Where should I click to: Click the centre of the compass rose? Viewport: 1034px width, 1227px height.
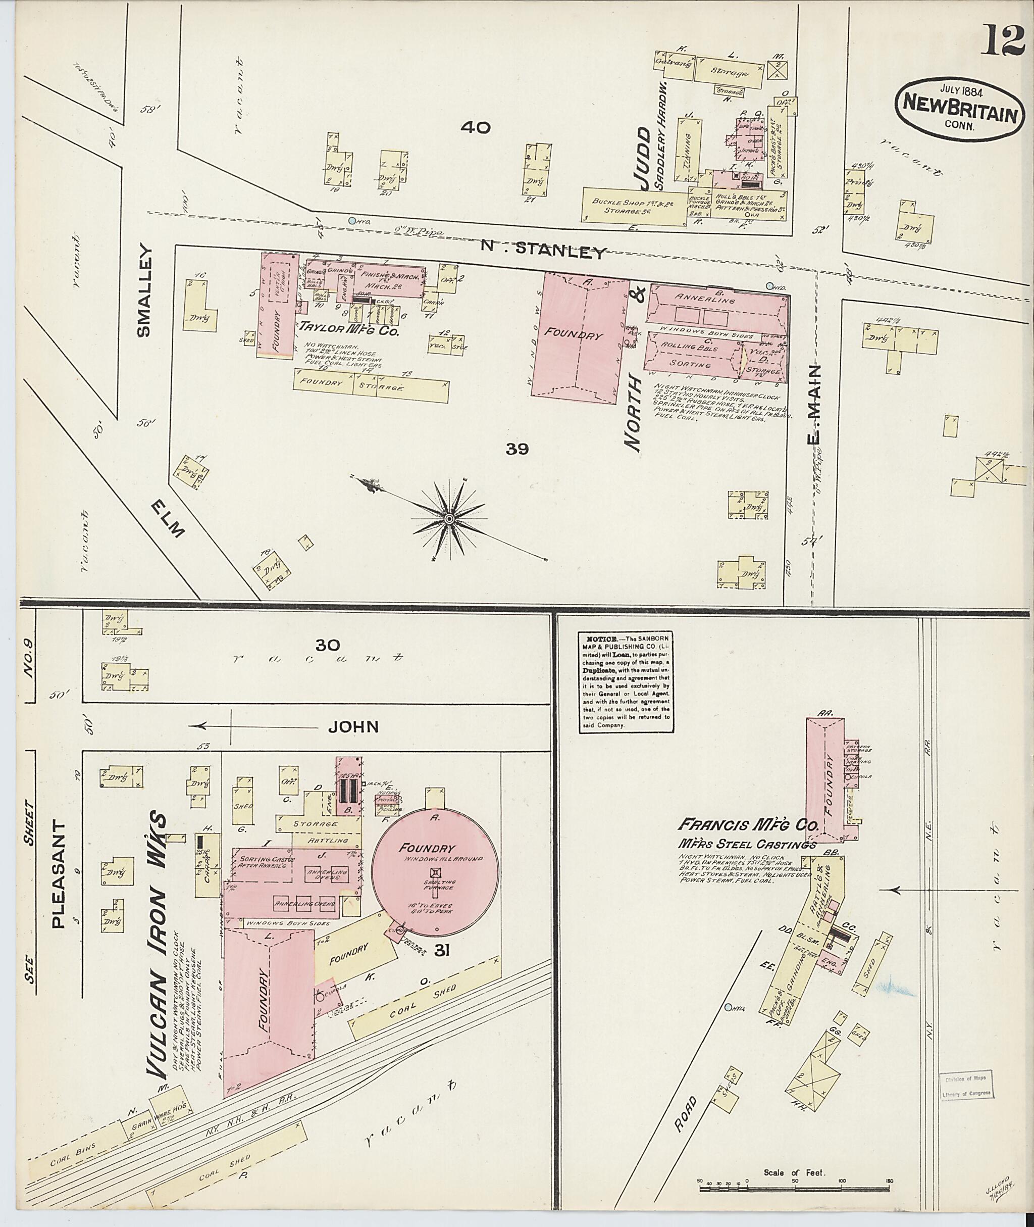click(449, 519)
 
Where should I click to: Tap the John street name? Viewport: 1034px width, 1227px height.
click(353, 727)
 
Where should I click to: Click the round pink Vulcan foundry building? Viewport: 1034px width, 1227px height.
click(436, 874)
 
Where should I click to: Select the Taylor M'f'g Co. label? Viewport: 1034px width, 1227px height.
click(349, 331)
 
